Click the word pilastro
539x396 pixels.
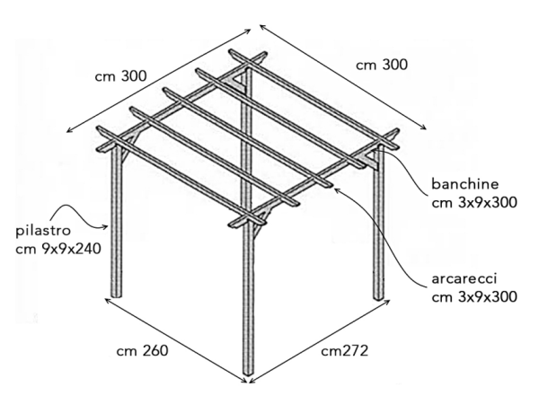coord(43,232)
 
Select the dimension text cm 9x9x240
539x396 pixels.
coord(58,249)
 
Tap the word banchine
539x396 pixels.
coord(465,184)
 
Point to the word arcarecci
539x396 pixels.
coord(464,278)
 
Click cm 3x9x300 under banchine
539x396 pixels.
coord(474,202)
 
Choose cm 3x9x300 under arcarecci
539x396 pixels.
coord(474,297)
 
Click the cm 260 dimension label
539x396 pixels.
coord(142,351)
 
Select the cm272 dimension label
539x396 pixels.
coord(344,351)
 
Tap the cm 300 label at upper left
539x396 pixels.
coord(120,76)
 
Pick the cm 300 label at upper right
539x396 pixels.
coord(382,65)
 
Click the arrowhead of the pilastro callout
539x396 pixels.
coord(107,226)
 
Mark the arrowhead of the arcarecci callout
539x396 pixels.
coord(337,189)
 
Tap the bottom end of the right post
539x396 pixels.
coord(378,297)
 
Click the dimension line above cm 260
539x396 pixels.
coord(176,340)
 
